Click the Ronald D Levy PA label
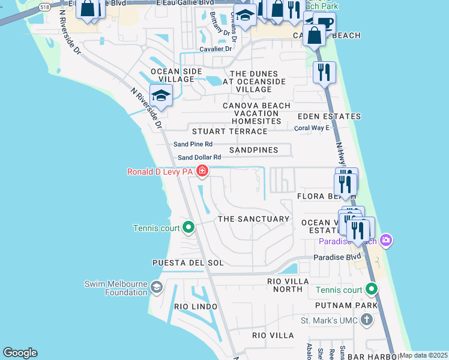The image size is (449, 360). coord(160,172)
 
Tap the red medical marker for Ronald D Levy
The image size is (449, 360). coord(202,172)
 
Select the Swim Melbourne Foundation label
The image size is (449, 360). coord(116,288)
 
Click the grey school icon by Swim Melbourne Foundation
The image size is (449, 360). coord(157,287)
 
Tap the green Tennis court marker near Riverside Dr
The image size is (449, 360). coord(188,227)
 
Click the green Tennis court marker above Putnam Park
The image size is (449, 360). coord(372,290)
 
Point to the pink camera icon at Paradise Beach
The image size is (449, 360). coord(385,241)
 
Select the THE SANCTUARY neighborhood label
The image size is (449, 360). coord(253,219)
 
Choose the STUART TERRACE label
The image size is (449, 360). coord(229,131)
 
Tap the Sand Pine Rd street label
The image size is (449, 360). coord(193,144)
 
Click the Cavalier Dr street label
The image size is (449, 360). coord(215,49)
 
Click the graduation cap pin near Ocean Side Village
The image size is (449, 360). coord(161,94)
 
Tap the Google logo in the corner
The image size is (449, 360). coord(20,353)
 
